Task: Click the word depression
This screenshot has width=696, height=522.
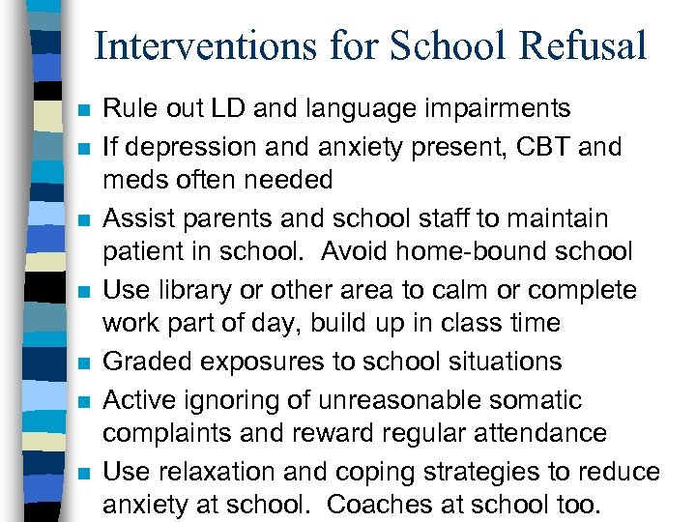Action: click(x=184, y=147)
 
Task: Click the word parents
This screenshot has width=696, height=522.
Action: click(x=222, y=218)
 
